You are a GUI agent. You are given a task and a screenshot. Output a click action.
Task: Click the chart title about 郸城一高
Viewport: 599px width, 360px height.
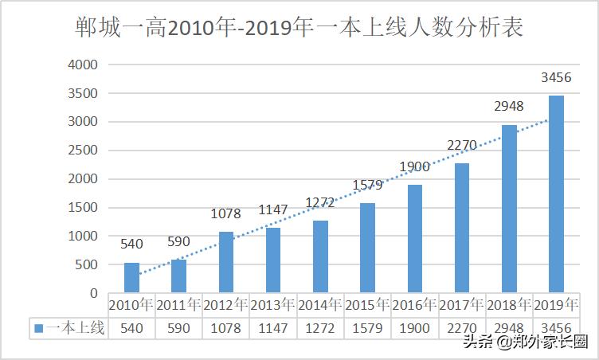pyautogui.click(x=299, y=29)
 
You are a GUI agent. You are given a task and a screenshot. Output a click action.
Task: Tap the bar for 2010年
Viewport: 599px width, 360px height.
pyautogui.click(x=131, y=277)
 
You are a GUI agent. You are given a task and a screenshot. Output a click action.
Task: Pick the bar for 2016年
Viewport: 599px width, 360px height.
pyautogui.click(x=415, y=238)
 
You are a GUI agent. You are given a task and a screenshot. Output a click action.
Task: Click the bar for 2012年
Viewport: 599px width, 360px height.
pyautogui.click(x=226, y=262)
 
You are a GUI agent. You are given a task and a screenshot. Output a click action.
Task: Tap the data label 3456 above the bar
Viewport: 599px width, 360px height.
pyautogui.click(x=556, y=78)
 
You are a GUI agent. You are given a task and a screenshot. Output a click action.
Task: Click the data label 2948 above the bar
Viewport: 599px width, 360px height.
pyautogui.click(x=509, y=108)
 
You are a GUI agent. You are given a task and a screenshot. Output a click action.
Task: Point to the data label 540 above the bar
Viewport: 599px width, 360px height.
pyautogui.click(x=131, y=245)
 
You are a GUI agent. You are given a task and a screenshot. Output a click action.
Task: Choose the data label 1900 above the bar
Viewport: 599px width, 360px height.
pyautogui.click(x=415, y=166)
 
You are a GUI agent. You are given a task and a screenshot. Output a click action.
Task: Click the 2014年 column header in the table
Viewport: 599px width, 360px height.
pyautogui.click(x=320, y=305)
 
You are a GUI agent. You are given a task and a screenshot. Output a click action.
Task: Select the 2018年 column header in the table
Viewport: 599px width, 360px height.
pyautogui.click(x=509, y=305)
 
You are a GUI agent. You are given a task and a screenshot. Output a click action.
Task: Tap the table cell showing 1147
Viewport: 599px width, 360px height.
pyautogui.click(x=273, y=327)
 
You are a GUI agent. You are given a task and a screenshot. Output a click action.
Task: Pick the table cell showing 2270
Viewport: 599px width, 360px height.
pyautogui.click(x=462, y=327)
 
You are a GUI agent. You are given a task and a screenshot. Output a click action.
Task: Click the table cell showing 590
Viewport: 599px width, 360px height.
pyautogui.click(x=178, y=327)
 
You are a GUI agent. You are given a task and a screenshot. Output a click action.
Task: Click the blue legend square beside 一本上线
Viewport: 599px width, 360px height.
pyautogui.click(x=37, y=327)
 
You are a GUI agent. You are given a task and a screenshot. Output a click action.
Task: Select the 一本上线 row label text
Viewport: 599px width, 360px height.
pyautogui.click(x=76, y=327)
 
